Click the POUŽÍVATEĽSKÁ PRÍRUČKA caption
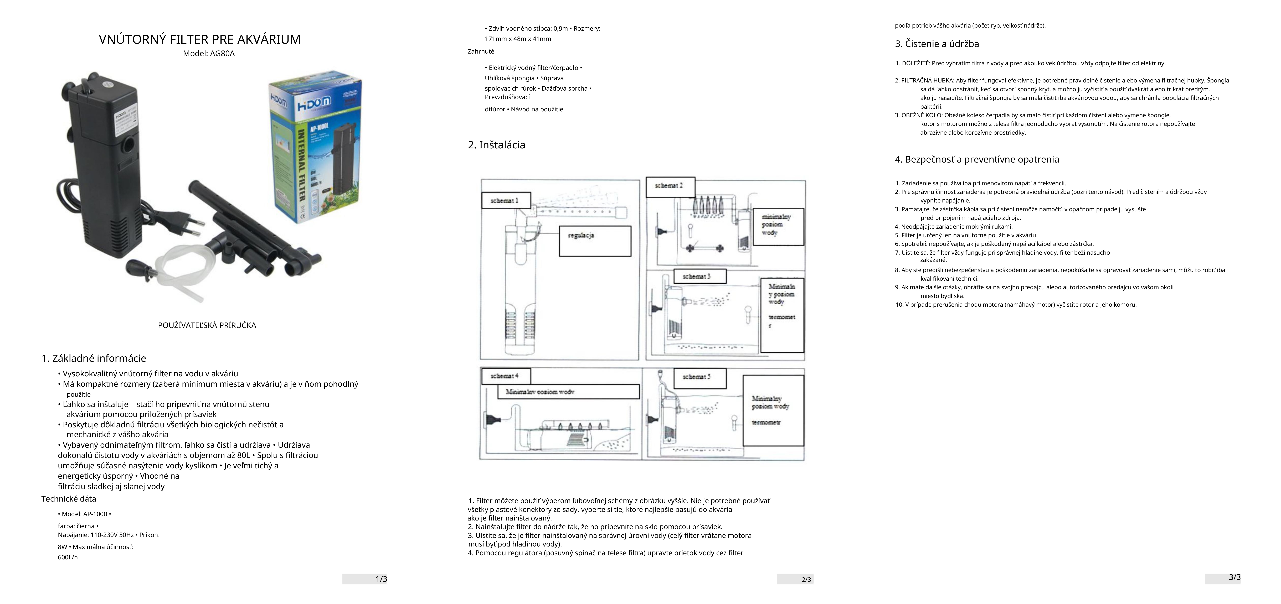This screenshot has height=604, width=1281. tap(207, 326)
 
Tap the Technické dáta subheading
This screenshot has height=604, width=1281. tap(69, 499)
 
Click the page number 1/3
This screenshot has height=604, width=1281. tap(381, 579)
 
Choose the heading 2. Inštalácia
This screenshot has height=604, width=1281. tap(496, 145)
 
